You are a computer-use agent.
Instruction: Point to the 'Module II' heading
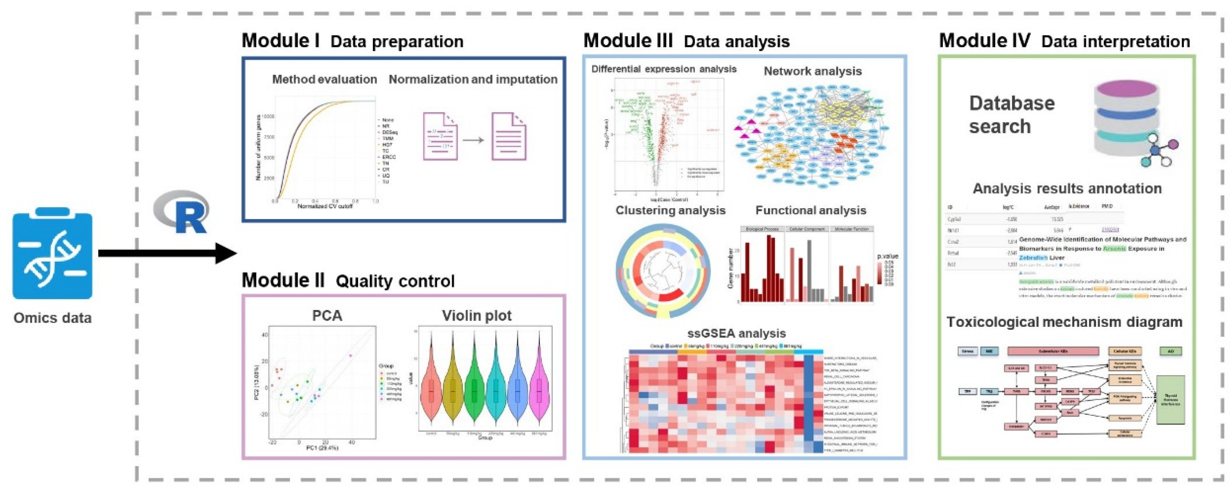[283, 280]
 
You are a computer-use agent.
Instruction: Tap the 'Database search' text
[1012, 115]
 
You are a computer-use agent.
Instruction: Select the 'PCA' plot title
[327, 316]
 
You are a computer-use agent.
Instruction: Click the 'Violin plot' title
[476, 316]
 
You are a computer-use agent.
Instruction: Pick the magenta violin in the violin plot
[540, 390]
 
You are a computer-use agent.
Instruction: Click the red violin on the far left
[431, 390]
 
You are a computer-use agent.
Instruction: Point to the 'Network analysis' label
[813, 71]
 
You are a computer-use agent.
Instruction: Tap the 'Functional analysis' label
[811, 210]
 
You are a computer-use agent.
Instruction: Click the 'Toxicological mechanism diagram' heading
[1064, 322]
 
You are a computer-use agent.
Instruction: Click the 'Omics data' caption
[52, 318]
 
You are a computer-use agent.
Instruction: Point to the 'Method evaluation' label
[324, 79]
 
